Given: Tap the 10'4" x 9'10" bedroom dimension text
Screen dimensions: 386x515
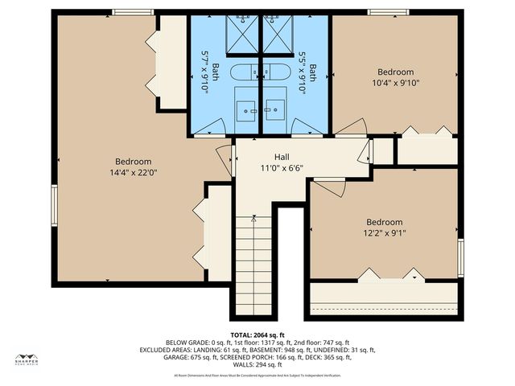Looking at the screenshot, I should tap(395, 82).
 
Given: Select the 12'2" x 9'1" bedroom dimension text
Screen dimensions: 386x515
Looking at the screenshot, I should tap(384, 234).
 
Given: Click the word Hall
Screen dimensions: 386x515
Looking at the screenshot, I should tap(281, 157).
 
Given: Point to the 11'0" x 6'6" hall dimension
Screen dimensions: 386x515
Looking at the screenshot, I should tap(281, 168).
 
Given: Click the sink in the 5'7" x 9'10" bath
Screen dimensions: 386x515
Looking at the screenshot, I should tap(247, 107).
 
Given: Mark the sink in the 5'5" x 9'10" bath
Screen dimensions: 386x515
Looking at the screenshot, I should tap(274, 107).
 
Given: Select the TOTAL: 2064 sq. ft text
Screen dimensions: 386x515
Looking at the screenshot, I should tap(257, 335).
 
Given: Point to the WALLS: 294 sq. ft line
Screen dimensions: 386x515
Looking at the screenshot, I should tap(257, 365).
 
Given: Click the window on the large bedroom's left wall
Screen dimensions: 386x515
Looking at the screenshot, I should tap(54, 205).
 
